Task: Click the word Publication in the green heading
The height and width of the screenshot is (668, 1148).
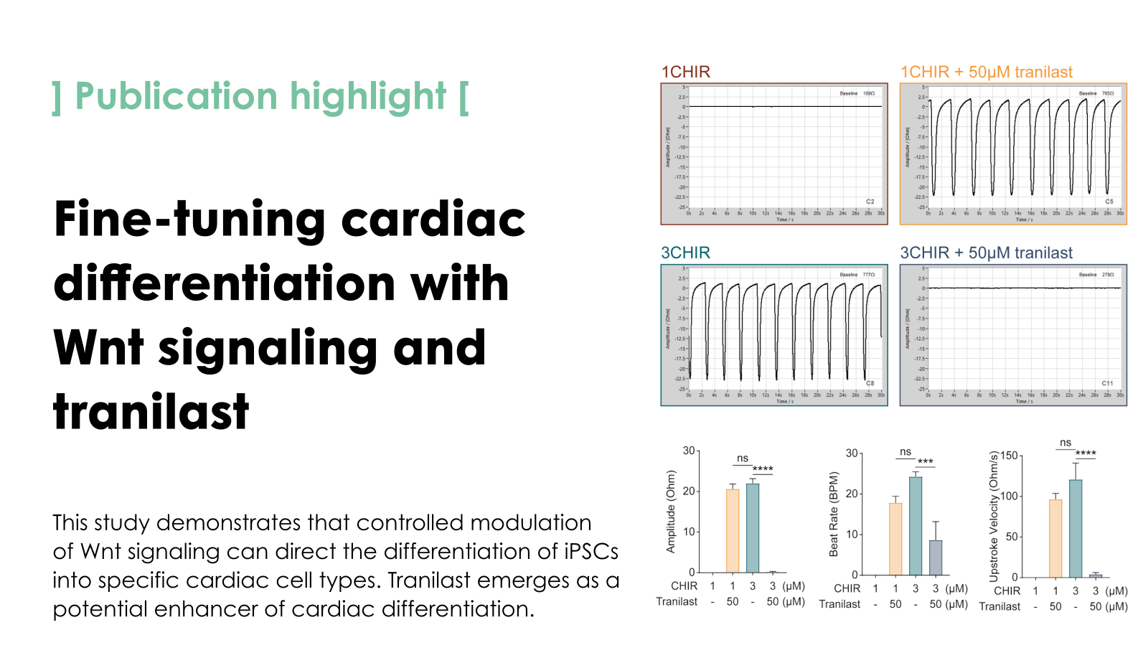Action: [176, 97]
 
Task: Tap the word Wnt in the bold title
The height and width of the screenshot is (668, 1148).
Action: [99, 348]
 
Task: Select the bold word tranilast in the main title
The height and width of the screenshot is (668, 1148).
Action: [151, 412]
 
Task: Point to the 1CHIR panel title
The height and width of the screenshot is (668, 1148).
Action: [686, 72]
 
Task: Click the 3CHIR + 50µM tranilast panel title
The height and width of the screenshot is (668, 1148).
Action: [986, 253]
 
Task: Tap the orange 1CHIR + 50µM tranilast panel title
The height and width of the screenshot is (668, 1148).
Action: [987, 72]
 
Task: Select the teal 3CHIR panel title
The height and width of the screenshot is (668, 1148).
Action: [686, 253]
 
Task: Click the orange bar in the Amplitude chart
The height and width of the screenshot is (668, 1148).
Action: [733, 530]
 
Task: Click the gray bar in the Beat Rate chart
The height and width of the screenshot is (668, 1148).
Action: [936, 558]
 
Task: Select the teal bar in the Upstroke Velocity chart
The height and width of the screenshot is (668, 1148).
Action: [1076, 528]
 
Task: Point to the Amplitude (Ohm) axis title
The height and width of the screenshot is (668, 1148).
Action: [671, 512]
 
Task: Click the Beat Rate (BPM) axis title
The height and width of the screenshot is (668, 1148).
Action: [834, 514]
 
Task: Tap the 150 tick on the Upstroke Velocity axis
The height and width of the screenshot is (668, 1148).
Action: [1009, 456]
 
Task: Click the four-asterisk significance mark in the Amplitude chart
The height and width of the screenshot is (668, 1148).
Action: [763, 469]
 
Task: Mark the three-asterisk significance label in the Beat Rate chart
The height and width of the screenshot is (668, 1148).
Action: [926, 462]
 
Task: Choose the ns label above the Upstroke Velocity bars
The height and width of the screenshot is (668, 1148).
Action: [1065, 443]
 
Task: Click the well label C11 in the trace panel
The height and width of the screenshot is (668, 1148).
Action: [1107, 383]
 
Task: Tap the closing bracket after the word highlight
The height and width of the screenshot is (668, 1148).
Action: [464, 97]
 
